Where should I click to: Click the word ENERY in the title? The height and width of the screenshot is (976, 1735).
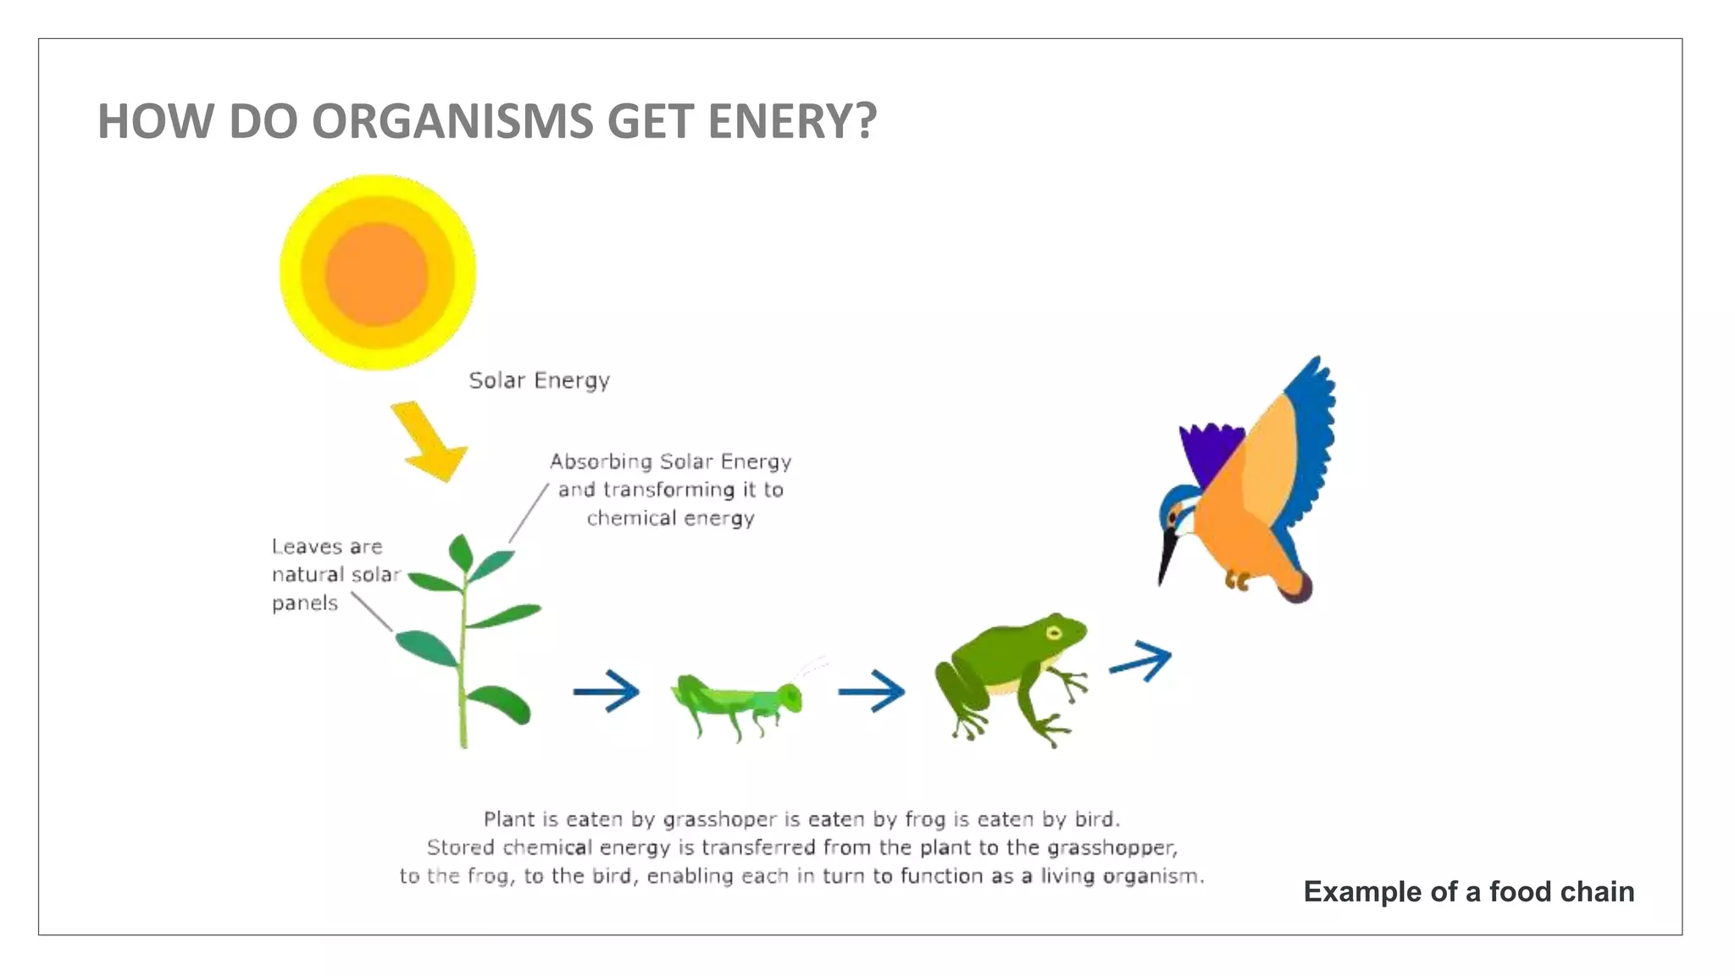[791, 121]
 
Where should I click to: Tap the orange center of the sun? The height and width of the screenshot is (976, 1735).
[377, 274]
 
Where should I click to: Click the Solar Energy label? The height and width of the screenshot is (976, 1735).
[539, 380]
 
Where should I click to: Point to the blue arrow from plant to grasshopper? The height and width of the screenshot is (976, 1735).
[607, 691]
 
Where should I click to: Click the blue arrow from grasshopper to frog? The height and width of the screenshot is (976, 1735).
[872, 691]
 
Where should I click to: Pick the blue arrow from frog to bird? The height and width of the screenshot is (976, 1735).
[1141, 661]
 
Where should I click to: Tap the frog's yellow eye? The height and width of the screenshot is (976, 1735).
[1053, 633]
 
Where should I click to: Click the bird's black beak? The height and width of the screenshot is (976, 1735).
[1167, 556]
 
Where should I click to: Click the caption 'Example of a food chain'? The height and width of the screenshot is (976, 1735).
[1468, 891]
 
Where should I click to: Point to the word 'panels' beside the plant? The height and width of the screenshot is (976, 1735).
[305, 603]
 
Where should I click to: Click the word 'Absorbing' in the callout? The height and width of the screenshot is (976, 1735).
[601, 462]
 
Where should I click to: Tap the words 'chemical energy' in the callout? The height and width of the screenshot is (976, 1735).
[670, 518]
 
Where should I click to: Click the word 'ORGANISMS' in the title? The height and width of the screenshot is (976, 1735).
[453, 121]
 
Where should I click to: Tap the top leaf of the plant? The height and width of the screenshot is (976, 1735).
[461, 552]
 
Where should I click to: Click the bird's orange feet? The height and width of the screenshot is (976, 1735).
[1238, 581]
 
